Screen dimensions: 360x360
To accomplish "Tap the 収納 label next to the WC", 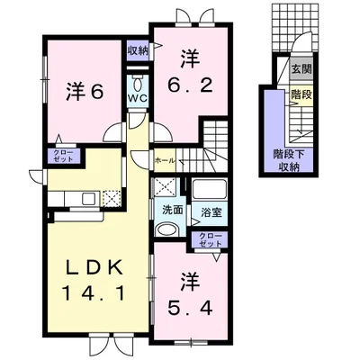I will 137,50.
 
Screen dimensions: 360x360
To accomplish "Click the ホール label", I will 164,160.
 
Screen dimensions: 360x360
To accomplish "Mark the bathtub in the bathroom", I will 211,192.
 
